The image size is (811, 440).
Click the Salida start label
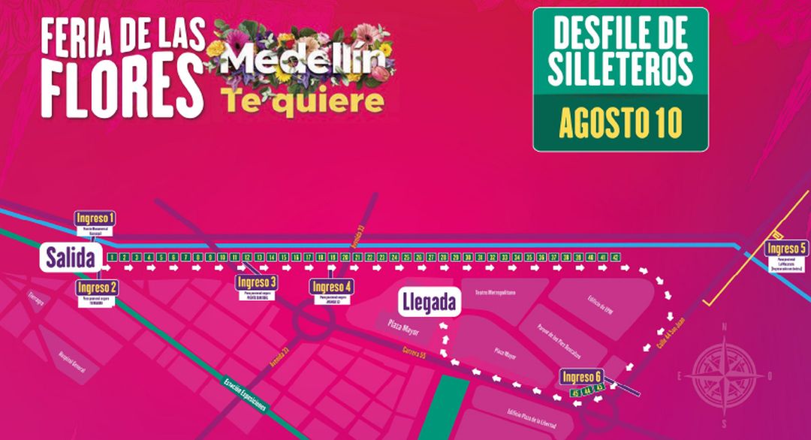tap(70, 259)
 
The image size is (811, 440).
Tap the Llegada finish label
tap(429, 303)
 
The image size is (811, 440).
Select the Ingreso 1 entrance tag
tap(96, 218)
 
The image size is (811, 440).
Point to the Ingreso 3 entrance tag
tap(256, 282)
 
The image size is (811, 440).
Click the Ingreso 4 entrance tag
tap(331, 286)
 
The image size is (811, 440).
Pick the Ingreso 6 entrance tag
tap(581, 377)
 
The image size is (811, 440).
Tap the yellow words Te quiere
tap(302, 100)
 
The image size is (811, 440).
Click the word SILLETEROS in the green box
tap(620, 70)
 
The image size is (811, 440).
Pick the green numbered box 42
tap(614, 258)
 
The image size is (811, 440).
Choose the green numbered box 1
tap(111, 258)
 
